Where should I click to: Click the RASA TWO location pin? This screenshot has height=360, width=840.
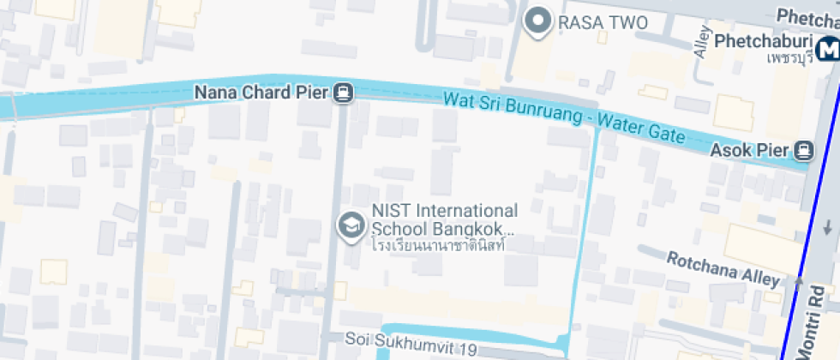[x=538, y=21]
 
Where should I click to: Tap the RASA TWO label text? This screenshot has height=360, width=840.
[x=603, y=22]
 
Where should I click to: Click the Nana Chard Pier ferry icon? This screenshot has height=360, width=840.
[x=344, y=92]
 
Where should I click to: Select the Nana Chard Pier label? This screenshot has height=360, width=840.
[x=261, y=92]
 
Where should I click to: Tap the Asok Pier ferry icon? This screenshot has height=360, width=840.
[x=803, y=151]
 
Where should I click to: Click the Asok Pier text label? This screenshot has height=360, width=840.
[x=749, y=151]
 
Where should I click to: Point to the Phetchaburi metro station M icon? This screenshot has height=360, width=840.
[x=828, y=49]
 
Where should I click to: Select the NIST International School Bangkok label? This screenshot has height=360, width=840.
[x=444, y=220]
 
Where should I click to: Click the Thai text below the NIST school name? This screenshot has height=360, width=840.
[x=437, y=245]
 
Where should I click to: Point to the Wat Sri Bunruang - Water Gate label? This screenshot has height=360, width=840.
[x=564, y=118]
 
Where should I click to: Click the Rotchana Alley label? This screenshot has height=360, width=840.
[x=723, y=269]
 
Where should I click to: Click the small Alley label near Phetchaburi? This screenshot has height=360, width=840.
[x=704, y=43]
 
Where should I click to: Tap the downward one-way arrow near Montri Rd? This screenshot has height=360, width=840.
[x=828, y=229]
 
